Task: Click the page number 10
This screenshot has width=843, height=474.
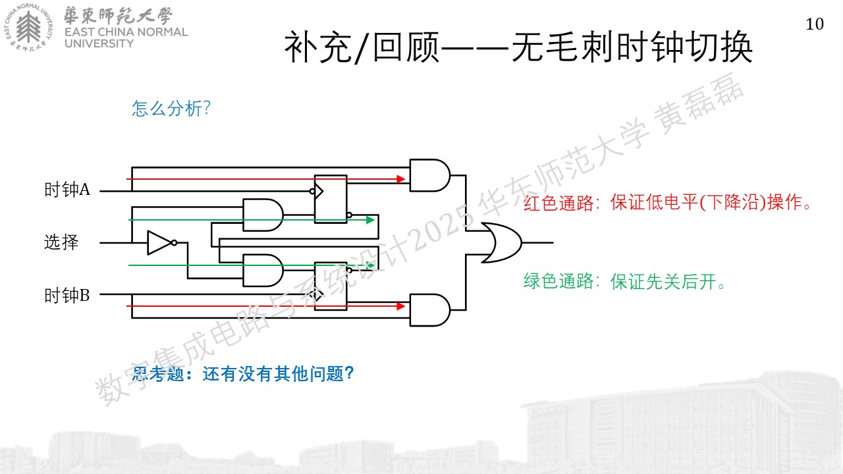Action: click(815, 24)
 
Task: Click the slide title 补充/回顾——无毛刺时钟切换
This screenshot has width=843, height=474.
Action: click(518, 47)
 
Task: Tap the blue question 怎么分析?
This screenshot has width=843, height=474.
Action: click(171, 109)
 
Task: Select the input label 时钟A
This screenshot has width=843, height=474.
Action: click(67, 189)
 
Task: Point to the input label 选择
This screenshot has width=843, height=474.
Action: click(61, 242)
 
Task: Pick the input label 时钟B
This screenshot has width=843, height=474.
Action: click(67, 296)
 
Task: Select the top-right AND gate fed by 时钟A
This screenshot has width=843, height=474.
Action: click(429, 175)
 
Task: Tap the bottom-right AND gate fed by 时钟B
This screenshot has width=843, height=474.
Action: click(429, 310)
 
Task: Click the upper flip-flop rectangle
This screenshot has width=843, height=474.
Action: click(331, 199)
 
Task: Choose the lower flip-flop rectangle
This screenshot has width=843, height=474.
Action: click(331, 286)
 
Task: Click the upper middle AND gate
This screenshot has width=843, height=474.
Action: click(263, 215)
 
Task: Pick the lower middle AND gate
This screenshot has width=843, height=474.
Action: click(263, 271)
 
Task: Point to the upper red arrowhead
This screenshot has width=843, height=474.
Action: click(401, 179)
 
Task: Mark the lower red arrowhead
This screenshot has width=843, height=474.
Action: click(401, 306)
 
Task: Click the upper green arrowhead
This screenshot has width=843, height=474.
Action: click(370, 220)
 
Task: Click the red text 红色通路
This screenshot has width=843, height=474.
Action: click(558, 203)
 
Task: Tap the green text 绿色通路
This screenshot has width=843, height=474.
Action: click(558, 281)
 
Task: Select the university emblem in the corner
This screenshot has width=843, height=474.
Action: click(28, 28)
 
